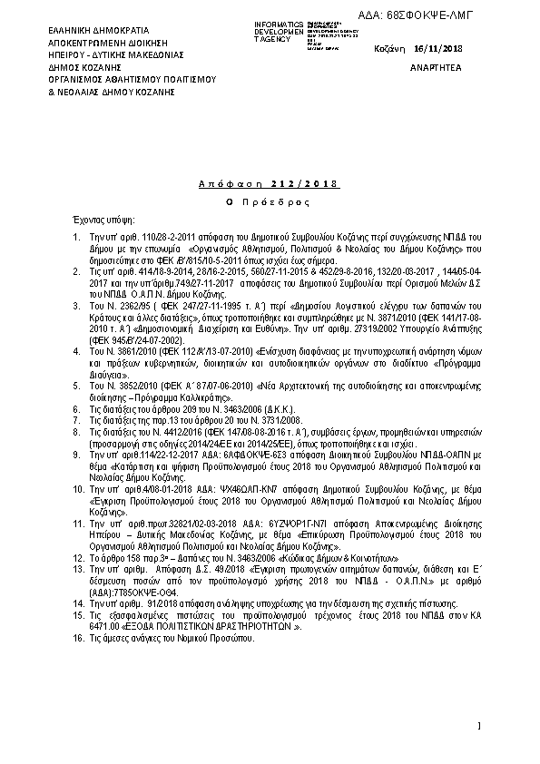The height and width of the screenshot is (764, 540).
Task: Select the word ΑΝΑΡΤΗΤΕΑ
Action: coord(437,67)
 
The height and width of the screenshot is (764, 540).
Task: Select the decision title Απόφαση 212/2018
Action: coord(267,184)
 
